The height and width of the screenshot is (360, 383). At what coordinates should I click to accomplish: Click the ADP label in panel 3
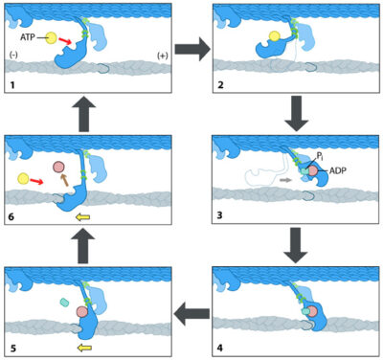pyautogui.click(x=341, y=173)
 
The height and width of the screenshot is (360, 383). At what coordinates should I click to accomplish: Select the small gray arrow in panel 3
pyautogui.click(x=282, y=178)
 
